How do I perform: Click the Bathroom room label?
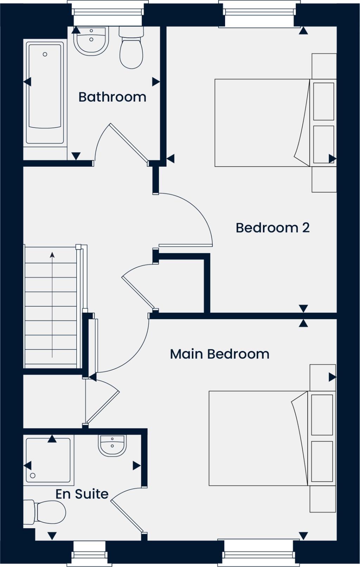click(112, 97)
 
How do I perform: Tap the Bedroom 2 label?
click(272, 228)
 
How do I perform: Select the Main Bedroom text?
click(219, 354)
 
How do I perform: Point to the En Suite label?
click(82, 494)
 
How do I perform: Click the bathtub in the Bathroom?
click(45, 93)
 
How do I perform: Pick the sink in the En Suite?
click(112, 445)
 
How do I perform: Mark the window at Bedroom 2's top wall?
click(259, 12)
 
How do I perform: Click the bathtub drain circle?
click(45, 54)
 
